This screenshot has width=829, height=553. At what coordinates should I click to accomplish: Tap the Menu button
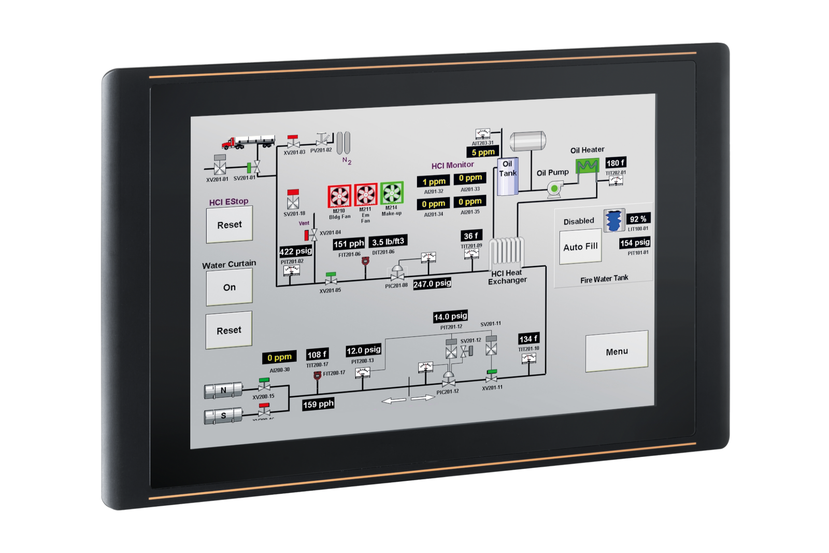pyautogui.click(x=617, y=351)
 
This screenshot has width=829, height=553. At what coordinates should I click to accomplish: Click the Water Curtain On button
pyautogui.click(x=229, y=287)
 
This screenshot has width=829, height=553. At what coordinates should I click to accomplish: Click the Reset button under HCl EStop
pyautogui.click(x=229, y=225)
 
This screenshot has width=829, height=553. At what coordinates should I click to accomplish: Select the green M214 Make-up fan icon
pyautogui.click(x=392, y=193)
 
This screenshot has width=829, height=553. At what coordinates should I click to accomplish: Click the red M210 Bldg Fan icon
pyautogui.click(x=339, y=196)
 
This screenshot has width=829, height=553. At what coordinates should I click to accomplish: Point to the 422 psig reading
pyautogui.click(x=296, y=252)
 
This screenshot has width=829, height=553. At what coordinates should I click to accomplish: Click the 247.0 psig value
pyautogui.click(x=432, y=284)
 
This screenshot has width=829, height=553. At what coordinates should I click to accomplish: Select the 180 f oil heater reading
pyautogui.click(x=616, y=163)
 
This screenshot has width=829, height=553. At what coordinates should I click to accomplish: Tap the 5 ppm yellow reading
pyautogui.click(x=483, y=152)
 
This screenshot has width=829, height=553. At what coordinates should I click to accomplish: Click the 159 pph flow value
pyautogui.click(x=318, y=404)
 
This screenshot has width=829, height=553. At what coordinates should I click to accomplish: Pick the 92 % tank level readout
pyautogui.click(x=638, y=219)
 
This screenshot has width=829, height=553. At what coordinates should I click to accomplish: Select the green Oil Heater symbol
pyautogui.click(x=587, y=166)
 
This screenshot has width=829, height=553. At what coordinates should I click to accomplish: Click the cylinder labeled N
pyautogui.click(x=223, y=390)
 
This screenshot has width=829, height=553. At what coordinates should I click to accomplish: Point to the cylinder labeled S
pyautogui.click(x=223, y=416)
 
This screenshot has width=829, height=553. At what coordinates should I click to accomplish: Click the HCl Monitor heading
pyautogui.click(x=452, y=165)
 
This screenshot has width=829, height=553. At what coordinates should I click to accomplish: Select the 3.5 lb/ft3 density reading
pyautogui.click(x=388, y=242)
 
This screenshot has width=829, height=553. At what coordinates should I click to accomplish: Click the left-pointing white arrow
pyautogui.click(x=394, y=400)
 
